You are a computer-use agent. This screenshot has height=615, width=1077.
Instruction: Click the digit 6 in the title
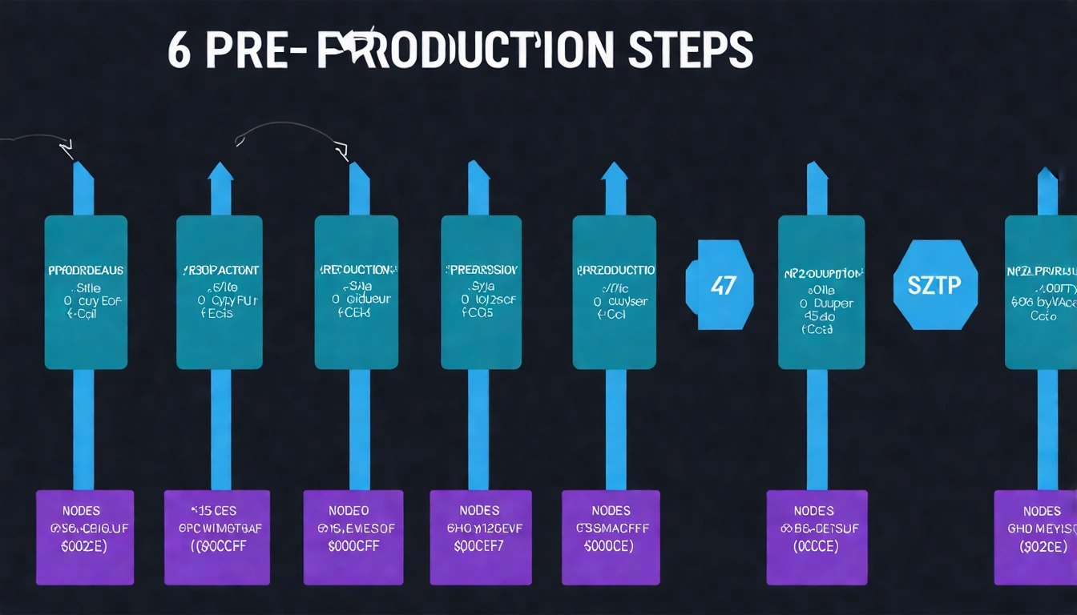pyautogui.click(x=180, y=50)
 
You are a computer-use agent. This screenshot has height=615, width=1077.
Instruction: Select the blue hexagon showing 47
pyautogui.click(x=720, y=284)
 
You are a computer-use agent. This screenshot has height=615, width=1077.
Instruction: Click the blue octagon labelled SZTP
pyautogui.click(x=935, y=284)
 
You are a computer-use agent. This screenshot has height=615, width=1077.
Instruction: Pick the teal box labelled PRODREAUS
pyautogui.click(x=86, y=292)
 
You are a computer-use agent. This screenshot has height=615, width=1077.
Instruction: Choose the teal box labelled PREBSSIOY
pyautogui.click(x=481, y=292)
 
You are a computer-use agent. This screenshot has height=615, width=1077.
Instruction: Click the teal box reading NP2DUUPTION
pyautogui.click(x=821, y=292)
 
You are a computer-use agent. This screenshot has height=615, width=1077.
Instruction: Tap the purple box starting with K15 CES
pyautogui.click(x=217, y=537)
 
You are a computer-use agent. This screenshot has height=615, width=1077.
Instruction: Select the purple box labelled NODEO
pyautogui.click(x=353, y=537)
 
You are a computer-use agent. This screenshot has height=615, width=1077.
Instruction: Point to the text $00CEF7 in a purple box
pyautogui.click(x=479, y=546)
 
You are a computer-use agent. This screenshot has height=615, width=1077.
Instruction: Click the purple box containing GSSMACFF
pyautogui.click(x=611, y=537)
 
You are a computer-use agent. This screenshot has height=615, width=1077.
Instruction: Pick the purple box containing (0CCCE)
pyautogui.click(x=817, y=537)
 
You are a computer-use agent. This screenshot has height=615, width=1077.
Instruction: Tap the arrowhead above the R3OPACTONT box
pyautogui.click(x=221, y=172)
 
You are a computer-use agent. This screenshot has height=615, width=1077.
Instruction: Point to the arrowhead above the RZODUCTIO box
pyautogui.click(x=615, y=172)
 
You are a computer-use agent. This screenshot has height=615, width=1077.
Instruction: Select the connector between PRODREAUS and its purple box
pyautogui.click(x=83, y=428)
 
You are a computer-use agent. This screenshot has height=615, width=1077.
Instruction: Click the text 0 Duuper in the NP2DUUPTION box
pyautogui.click(x=825, y=303)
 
